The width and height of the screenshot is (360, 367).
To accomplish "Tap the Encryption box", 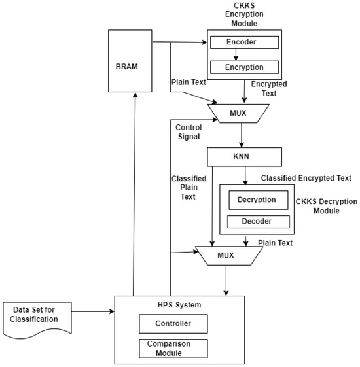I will [x=243, y=67].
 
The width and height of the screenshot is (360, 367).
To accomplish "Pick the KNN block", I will [x=243, y=157].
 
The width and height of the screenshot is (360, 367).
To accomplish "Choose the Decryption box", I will [x=257, y=200].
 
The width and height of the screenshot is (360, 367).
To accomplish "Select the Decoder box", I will [x=257, y=222].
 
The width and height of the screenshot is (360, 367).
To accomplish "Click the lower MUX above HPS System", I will [x=226, y=254].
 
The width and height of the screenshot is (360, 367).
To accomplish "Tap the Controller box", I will [x=173, y=323].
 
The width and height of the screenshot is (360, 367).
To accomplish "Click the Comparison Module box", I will [x=173, y=347].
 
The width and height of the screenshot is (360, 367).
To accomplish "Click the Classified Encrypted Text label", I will [x=306, y=177].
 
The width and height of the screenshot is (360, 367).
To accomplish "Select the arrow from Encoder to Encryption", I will [x=243, y=55].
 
